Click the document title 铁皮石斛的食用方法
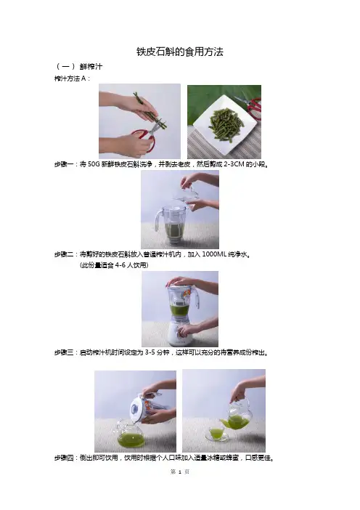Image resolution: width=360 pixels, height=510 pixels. click(180, 52)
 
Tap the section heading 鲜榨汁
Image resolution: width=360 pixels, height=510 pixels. click(91, 67)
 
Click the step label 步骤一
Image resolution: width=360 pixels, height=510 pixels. click(64, 164)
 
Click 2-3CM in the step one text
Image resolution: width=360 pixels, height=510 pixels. click(234, 164)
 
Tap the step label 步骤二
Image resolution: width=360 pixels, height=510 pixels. click(64, 254)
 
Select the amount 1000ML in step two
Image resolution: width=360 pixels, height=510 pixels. click(214, 254)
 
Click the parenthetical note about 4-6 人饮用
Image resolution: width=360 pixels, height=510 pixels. click(114, 265)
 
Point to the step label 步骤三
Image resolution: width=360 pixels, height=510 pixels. click(64, 352)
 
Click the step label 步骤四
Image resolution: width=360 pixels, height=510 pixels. click(64, 458)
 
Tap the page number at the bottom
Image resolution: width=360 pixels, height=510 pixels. click(180, 471)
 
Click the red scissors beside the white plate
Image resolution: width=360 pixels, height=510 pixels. click(251, 106)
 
